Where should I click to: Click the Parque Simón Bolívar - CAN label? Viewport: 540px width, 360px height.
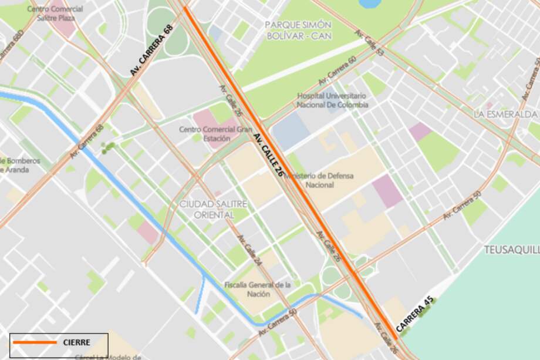point(298,30)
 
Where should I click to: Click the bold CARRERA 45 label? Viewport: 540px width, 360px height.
point(414,317)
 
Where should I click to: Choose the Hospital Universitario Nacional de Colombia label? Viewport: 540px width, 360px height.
point(332,100)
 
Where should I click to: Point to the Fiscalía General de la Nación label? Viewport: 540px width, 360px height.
point(258,289)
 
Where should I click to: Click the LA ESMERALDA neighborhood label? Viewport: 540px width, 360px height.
point(505,114)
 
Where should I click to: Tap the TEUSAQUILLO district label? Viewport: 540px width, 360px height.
point(511,250)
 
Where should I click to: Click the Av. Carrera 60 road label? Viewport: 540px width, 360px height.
point(337,72)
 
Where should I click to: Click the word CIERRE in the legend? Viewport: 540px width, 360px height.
point(76,342)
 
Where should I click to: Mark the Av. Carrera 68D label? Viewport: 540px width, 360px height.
point(11,46)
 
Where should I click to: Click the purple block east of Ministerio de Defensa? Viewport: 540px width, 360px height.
point(387,191)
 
